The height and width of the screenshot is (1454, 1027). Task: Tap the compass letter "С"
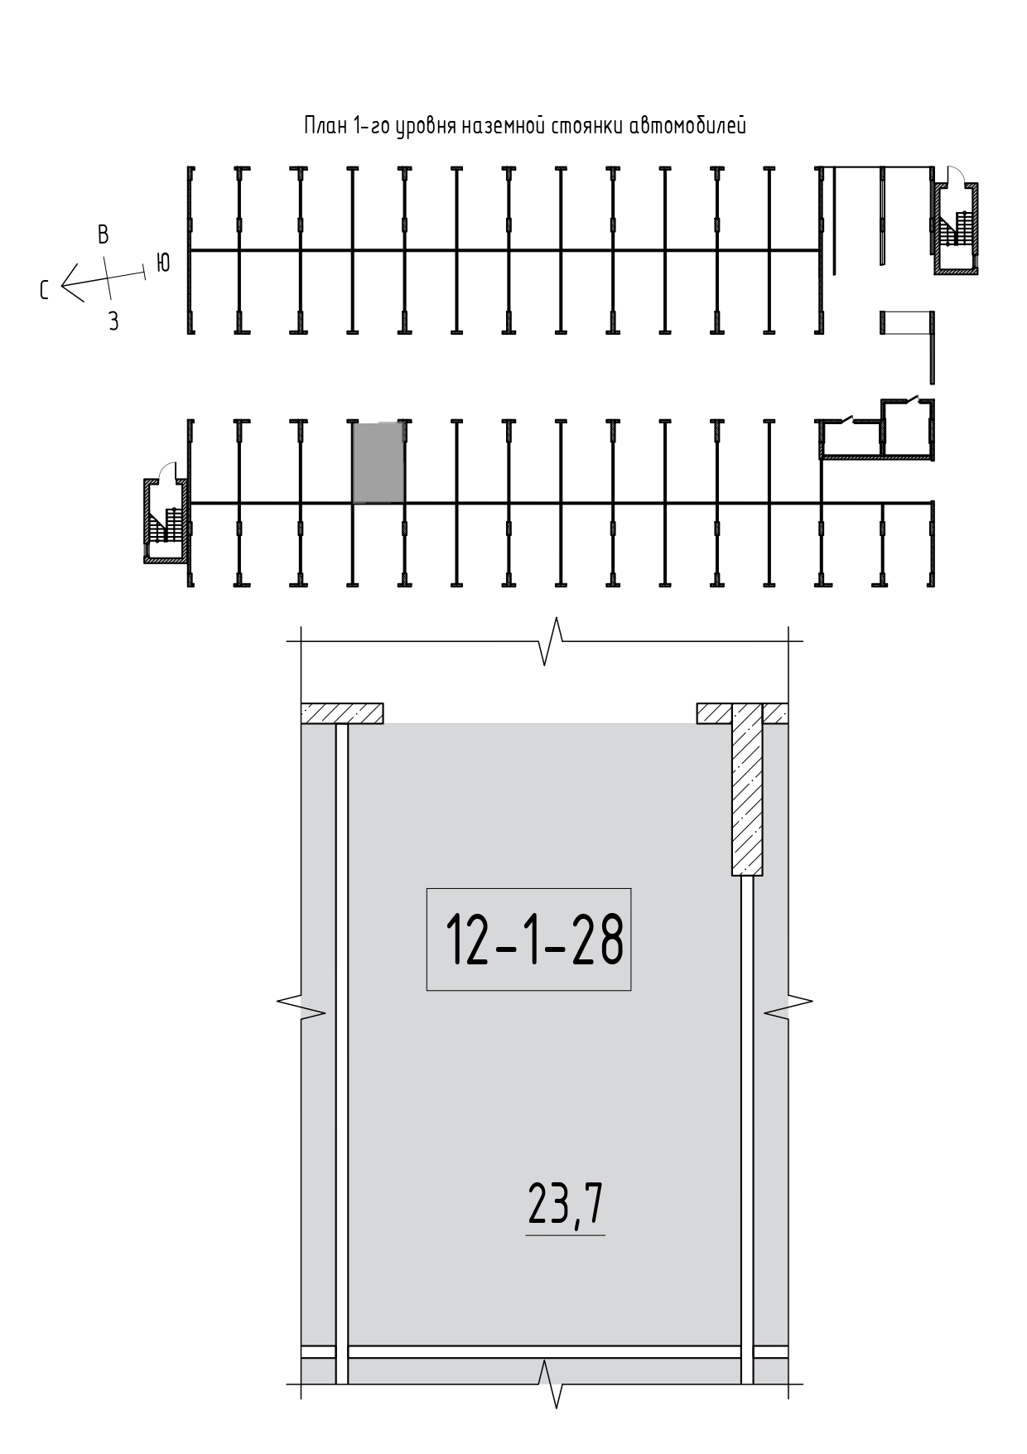[46, 289]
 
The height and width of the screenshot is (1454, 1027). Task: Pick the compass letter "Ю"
[163, 263]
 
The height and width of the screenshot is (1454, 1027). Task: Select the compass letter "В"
[104, 234]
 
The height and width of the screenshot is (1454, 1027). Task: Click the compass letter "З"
[113, 322]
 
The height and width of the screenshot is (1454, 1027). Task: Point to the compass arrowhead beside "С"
[70, 283]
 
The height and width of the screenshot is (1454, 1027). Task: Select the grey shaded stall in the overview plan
[379, 461]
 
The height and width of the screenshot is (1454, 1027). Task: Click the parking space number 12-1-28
[533, 940]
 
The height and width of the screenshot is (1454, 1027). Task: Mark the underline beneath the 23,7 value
[566, 1235]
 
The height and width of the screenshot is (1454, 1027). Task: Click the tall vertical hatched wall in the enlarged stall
[746, 790]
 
